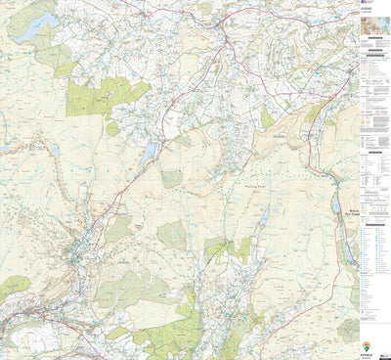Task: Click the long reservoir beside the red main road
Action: [148, 155]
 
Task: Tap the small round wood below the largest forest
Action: [112, 128]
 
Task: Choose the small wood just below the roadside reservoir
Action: [171, 178]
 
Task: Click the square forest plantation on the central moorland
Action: [171, 234]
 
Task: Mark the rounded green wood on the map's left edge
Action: [13, 287]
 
